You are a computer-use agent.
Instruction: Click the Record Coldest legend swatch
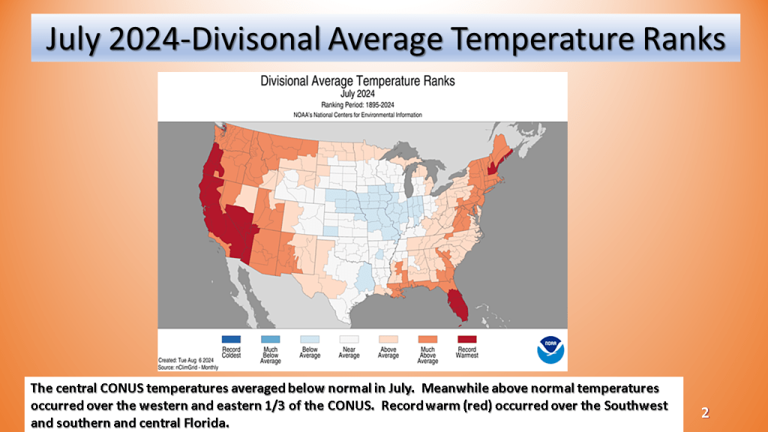click(x=231, y=339)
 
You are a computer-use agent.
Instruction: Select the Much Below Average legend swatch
click(x=270, y=339)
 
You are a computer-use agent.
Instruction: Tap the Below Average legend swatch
click(x=310, y=339)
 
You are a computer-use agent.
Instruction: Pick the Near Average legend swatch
click(x=349, y=339)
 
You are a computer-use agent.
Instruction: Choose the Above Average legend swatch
click(x=388, y=339)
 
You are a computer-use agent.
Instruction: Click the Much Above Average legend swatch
click(x=427, y=339)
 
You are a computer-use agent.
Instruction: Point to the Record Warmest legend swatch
click(x=466, y=339)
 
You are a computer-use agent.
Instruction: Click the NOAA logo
click(x=550, y=349)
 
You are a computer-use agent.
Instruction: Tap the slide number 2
click(x=705, y=413)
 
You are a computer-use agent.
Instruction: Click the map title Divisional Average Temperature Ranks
click(x=358, y=81)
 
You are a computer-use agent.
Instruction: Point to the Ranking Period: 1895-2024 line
click(x=358, y=105)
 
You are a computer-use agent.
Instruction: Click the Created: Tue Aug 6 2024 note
click(x=186, y=361)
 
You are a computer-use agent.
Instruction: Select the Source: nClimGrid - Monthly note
click(x=188, y=367)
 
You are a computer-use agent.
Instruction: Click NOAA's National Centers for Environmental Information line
click(x=358, y=115)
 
